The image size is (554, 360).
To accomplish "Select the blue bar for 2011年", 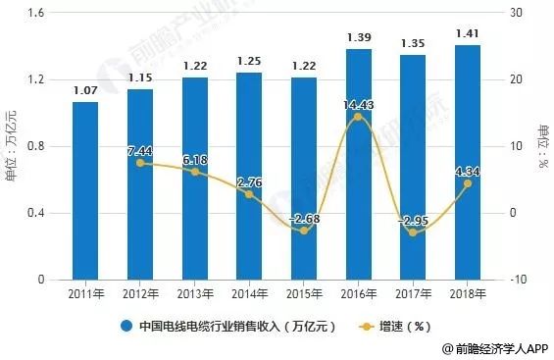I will point(85,191).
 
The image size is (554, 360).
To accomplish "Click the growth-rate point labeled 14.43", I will point(358,117).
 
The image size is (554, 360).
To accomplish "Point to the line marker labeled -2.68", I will point(304,231).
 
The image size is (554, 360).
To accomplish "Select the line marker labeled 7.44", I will point(139,163).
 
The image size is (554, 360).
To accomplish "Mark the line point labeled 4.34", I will point(468,183).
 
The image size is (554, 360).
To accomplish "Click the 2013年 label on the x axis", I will point(194,293).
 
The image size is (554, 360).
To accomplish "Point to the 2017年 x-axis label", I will point(413,293).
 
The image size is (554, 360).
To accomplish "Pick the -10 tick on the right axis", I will point(513,280).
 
